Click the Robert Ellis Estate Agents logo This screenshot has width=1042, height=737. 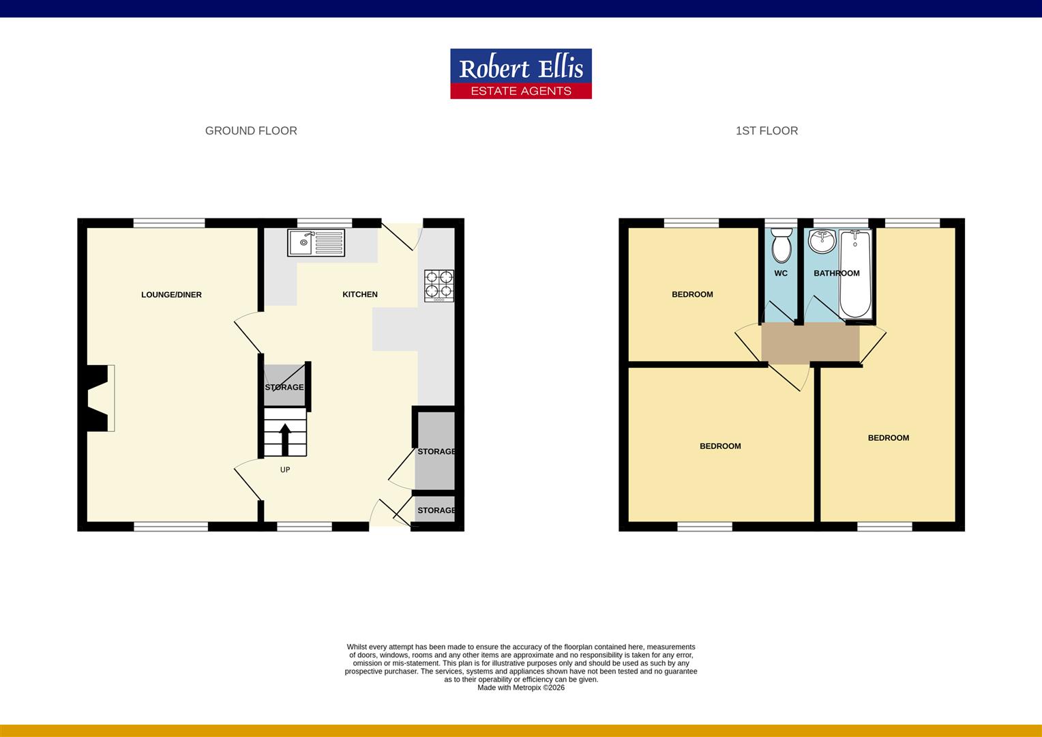(520, 74)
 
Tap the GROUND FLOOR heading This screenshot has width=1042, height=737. (251, 131)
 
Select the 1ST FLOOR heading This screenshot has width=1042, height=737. (766, 131)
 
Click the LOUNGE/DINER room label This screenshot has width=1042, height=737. (171, 295)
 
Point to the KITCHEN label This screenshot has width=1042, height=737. (359, 295)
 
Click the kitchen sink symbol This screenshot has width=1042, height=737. (316, 243)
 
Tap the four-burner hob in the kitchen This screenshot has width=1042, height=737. (439, 286)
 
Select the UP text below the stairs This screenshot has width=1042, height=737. (285, 470)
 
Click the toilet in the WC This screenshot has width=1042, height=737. (781, 246)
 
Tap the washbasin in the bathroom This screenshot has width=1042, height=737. (822, 240)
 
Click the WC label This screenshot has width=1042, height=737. (781, 274)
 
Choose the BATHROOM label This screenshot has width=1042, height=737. (836, 274)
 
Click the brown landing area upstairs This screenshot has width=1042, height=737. (809, 343)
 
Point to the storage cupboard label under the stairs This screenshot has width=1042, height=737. (284, 388)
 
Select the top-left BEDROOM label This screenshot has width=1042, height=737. (692, 295)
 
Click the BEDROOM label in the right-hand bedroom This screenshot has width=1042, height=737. (888, 438)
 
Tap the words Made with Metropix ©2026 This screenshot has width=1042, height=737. (521, 688)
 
